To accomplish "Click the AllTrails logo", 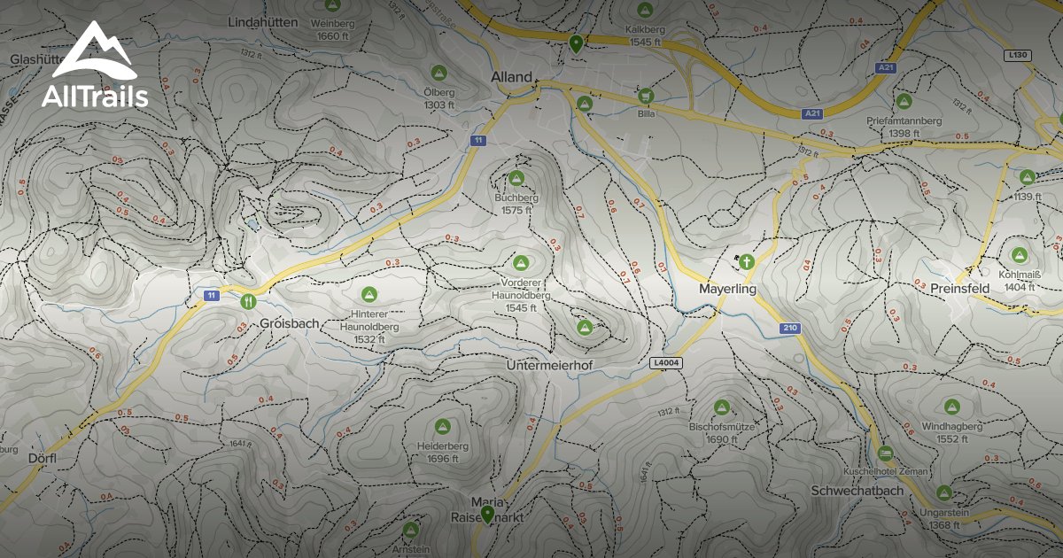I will coord(94,66).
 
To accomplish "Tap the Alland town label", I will coord(512,77).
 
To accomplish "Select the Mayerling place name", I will coord(727,290).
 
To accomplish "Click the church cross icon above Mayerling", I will coord(746,261).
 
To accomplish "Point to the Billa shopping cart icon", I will coord(645,96).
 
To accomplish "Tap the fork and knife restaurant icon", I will coord(248,300).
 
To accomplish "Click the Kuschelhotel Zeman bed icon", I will coord(885,453).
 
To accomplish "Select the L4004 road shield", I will coord(665,363).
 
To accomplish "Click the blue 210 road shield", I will coord(790,329).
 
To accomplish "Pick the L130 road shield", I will coord(1019,55).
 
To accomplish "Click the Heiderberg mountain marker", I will coord(442,427).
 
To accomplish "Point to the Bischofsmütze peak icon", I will coord(722,407).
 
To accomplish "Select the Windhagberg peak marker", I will coord(953,407).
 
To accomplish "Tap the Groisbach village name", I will coord(289,324).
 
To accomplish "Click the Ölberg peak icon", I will coord(437,72).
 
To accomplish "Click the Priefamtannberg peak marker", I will coord(904,101).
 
